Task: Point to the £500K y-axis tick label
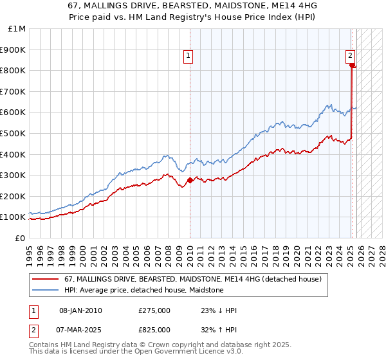point(14,133)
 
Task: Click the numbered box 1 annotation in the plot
point(188,57)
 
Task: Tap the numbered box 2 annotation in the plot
point(351,56)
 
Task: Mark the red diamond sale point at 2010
point(190,181)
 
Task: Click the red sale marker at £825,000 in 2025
point(353,66)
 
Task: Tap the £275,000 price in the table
point(154,310)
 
